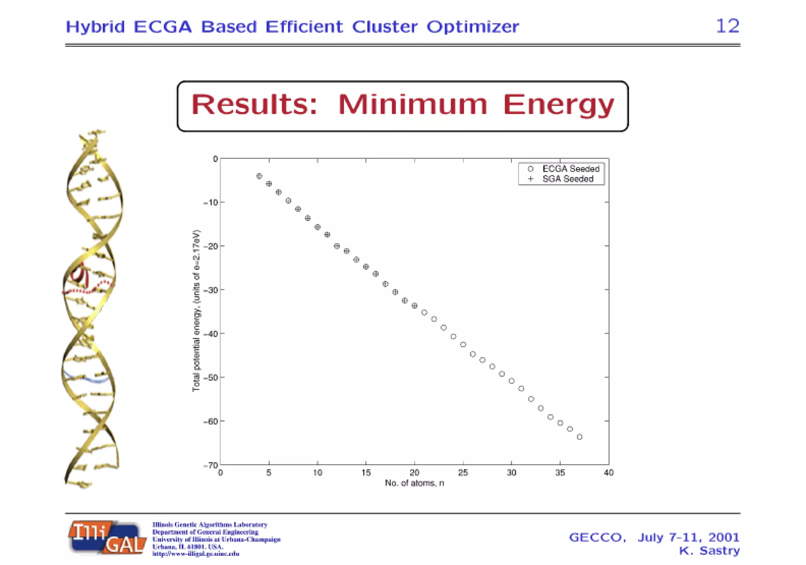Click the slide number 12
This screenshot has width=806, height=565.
click(727, 26)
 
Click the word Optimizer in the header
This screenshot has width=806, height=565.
click(473, 27)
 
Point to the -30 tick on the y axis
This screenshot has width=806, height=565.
click(211, 290)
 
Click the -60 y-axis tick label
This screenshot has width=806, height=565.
click(211, 422)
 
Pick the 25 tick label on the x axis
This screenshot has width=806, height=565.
click(463, 473)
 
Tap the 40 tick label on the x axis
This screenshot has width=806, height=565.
click(608, 473)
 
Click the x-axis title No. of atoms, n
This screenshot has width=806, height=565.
click(414, 483)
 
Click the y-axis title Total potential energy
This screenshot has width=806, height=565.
click(196, 311)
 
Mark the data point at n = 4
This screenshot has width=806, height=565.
click(259, 176)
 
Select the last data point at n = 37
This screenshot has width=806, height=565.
click(579, 437)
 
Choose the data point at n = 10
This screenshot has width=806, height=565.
click(318, 227)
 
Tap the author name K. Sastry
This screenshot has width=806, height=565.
click(709, 551)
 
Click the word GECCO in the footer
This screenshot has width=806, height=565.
click(597, 537)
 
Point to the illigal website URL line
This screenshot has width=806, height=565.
click(196, 554)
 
